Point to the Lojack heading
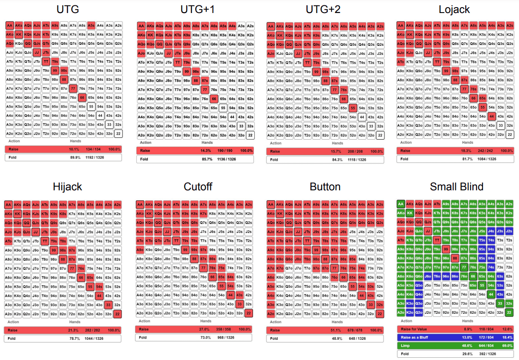click(x=455, y=10)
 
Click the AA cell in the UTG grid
click(x=10, y=25)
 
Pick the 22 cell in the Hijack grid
click(x=118, y=313)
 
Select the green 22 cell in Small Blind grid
click(x=509, y=312)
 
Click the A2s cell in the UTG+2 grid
click(x=380, y=26)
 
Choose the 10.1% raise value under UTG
click(x=74, y=149)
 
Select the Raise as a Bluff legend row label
click(x=414, y=337)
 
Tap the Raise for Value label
click(x=414, y=329)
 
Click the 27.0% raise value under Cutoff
click(x=205, y=329)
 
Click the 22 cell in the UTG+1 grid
click(x=250, y=135)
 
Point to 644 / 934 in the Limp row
click(x=489, y=346)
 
